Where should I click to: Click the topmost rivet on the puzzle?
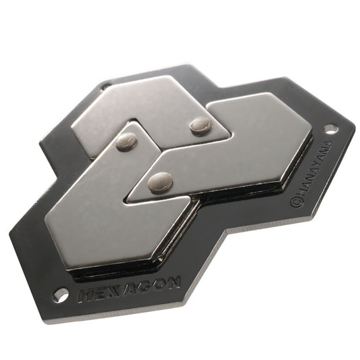coord(200,124)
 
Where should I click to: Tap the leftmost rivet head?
coord(126,141)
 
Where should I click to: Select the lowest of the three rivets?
coord(160,182)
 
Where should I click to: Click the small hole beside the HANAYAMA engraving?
coord(330,128)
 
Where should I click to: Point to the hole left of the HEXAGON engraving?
coord(61,294)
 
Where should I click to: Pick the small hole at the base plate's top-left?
coord(105,86)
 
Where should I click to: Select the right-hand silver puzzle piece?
coord(250,145)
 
